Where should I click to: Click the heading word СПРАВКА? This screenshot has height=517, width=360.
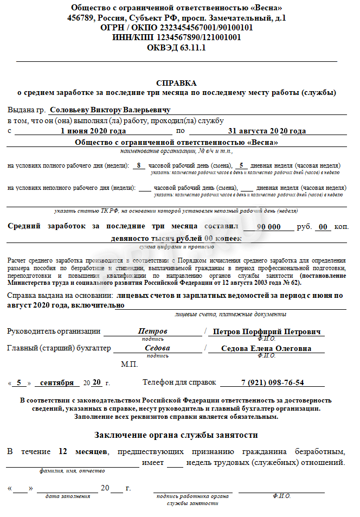(177, 83)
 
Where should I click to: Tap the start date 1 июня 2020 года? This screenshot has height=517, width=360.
(93, 131)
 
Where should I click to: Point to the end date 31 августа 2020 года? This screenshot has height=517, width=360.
(267, 131)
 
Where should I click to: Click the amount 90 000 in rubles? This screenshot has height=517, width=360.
(268, 227)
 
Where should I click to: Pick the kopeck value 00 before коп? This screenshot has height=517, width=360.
(323, 227)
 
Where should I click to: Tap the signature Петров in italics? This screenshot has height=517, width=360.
(153, 331)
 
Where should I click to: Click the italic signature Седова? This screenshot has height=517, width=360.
(157, 348)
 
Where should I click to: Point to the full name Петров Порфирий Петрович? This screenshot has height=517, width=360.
(267, 331)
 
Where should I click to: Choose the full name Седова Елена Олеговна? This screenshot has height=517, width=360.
(267, 348)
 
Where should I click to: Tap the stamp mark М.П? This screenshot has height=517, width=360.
(130, 363)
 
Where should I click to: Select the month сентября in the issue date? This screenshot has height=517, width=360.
(57, 382)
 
